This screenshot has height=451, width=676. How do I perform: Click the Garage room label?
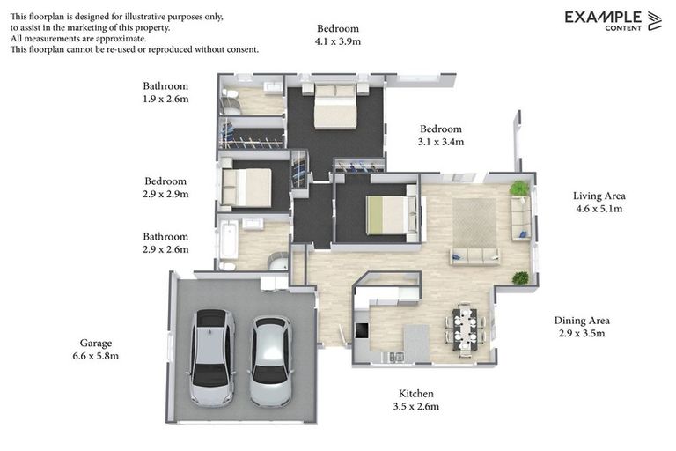tap(96, 344)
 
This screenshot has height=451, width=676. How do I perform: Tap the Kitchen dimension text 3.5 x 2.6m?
tap(416, 407)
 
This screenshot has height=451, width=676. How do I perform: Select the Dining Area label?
tap(582, 321)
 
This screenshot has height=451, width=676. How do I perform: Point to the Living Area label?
tap(599, 196)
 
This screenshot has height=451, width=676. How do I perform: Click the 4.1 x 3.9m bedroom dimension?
tap(338, 41)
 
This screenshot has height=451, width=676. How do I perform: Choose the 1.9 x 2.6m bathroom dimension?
tap(165, 99)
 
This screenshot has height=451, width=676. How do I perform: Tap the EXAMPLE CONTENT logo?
tap(613, 21)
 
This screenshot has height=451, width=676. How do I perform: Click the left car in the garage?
tap(211, 358)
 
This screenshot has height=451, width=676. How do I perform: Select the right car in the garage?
tap(271, 361)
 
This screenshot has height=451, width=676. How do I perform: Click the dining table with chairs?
tap(465, 329)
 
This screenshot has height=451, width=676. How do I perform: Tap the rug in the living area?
tap(474, 223)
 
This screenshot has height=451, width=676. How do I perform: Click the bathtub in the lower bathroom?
tap(229, 240)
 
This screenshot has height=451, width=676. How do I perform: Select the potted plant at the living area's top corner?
tap(519, 189)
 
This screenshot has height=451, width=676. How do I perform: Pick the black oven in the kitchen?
tap(361, 330)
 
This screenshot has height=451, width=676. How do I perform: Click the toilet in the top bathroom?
tap(230, 93)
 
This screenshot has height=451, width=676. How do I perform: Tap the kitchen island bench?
tap(416, 344)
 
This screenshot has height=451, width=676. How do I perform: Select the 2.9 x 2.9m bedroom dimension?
tap(165, 194)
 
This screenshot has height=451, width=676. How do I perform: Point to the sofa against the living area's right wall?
tap(521, 218)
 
